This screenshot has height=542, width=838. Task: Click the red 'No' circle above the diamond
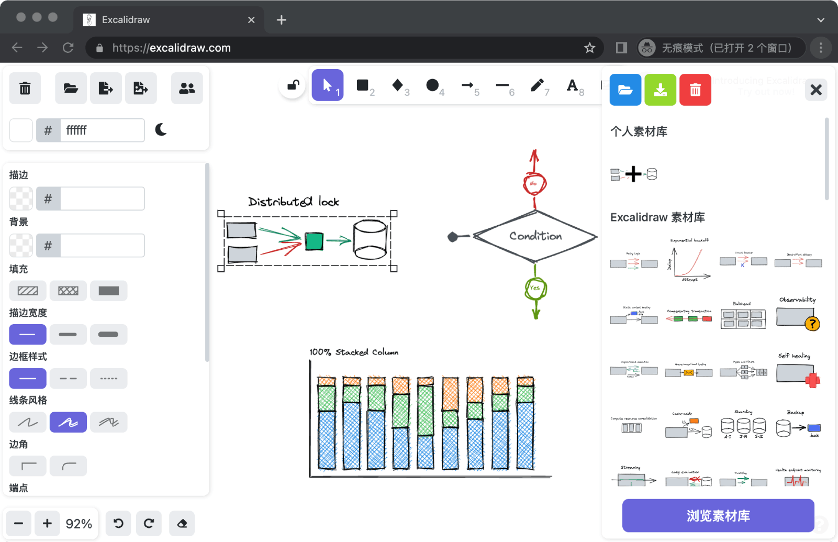(534, 184)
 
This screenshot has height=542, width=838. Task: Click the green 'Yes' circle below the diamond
(535, 288)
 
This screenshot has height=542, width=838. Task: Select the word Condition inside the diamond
(535, 236)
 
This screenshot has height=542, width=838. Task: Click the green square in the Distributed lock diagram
(314, 241)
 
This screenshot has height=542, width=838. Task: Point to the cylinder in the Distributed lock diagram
(370, 239)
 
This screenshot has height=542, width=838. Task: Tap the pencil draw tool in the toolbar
(538, 86)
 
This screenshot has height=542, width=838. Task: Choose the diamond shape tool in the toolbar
(398, 85)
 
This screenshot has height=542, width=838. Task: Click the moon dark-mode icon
(161, 130)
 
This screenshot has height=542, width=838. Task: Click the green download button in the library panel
(660, 90)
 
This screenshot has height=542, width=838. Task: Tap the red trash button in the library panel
(695, 90)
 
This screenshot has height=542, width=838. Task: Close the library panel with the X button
(815, 90)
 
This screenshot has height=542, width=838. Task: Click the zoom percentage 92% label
(79, 524)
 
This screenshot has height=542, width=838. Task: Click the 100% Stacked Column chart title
(354, 352)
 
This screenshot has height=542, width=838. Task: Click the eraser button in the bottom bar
(182, 524)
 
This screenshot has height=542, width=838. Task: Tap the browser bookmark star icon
(590, 48)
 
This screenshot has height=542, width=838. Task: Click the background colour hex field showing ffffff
(102, 130)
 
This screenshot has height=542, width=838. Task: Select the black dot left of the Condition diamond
(453, 237)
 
